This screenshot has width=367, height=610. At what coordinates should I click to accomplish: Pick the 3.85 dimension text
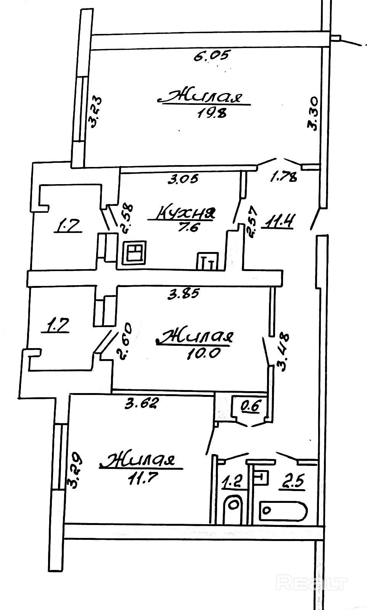185,294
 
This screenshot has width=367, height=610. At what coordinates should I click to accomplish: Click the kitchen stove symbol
134,253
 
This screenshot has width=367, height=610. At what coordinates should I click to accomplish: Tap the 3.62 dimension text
141,403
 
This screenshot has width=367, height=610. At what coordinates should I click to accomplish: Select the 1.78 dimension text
283,177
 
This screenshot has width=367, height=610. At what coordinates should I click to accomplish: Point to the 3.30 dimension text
314,114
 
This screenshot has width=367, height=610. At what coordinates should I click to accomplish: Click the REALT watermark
312,583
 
